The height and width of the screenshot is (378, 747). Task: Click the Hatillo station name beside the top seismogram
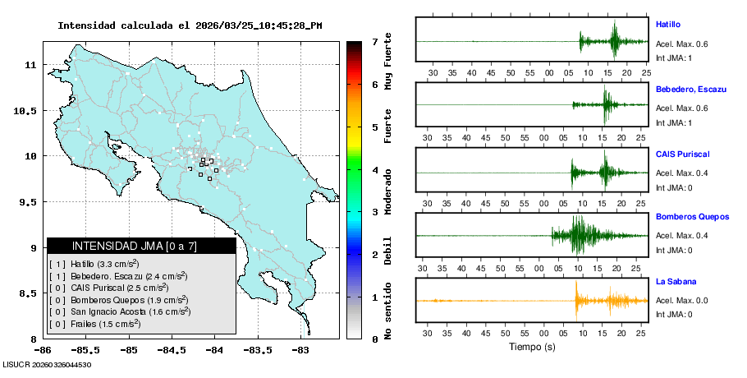pyautogui.click(x=667, y=25)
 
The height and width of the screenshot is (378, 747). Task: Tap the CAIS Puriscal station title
pyautogui.click(x=682, y=154)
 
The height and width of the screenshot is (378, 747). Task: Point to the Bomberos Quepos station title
pyautogui.click(x=692, y=217)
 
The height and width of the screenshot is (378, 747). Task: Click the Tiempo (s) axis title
pyautogui.click(x=532, y=347)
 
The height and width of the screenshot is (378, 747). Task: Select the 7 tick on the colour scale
pyautogui.click(x=373, y=41)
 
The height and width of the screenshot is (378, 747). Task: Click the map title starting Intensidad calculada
pyautogui.click(x=189, y=25)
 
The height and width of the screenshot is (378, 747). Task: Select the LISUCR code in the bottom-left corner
pyautogui.click(x=47, y=365)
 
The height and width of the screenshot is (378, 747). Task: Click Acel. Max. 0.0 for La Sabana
pyautogui.click(x=681, y=301)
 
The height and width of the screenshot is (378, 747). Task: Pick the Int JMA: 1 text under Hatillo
pyautogui.click(x=674, y=58)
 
